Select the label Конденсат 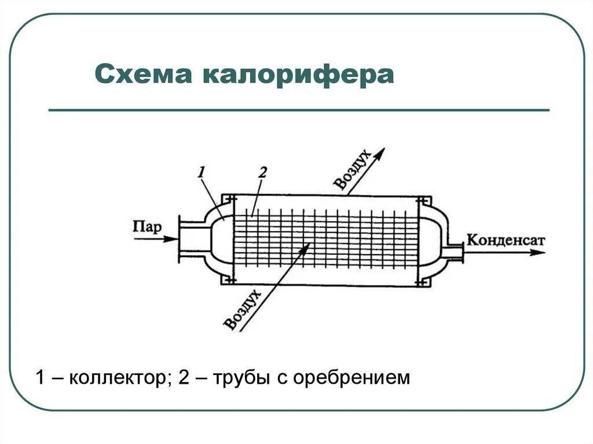coord(506,239)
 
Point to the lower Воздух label coord(242,310)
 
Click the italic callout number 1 coord(201,171)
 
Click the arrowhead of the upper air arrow coord(379,152)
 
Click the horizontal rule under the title coord(298,109)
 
